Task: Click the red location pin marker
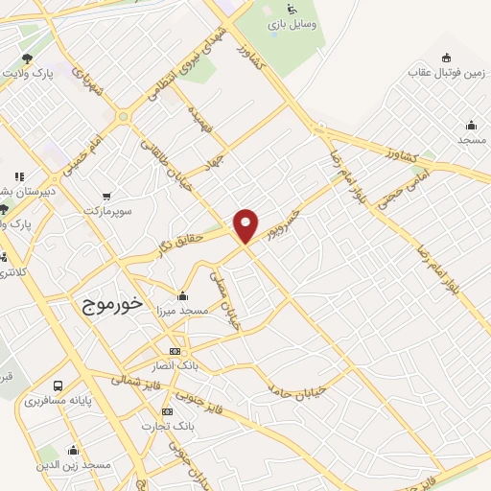click(246, 225)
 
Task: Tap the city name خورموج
click(107, 303)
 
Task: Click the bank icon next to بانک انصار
click(174, 351)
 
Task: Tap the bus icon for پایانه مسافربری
click(59, 386)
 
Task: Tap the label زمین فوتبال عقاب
click(445, 72)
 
